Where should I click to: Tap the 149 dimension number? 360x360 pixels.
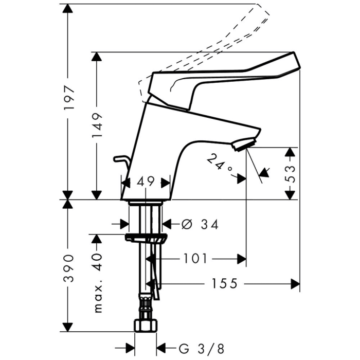coord(97,125)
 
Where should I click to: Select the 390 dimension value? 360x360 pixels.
coord(69,268)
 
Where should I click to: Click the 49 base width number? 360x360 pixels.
coord(146,182)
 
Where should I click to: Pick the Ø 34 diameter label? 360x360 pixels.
coord(200,224)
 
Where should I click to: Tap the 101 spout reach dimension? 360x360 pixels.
coord(195,259)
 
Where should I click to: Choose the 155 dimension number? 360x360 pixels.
coord(224,283)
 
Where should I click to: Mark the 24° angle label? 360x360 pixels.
coord(219,163)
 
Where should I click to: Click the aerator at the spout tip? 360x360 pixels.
coord(244,144)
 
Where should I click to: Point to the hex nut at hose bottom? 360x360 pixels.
coord(146,326)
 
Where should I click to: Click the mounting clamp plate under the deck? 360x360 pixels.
coord(146,238)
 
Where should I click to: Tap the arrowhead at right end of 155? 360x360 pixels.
coord(295,284)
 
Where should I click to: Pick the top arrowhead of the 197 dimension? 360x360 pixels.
coord(68,8)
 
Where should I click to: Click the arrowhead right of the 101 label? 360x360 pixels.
coord(242,259)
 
